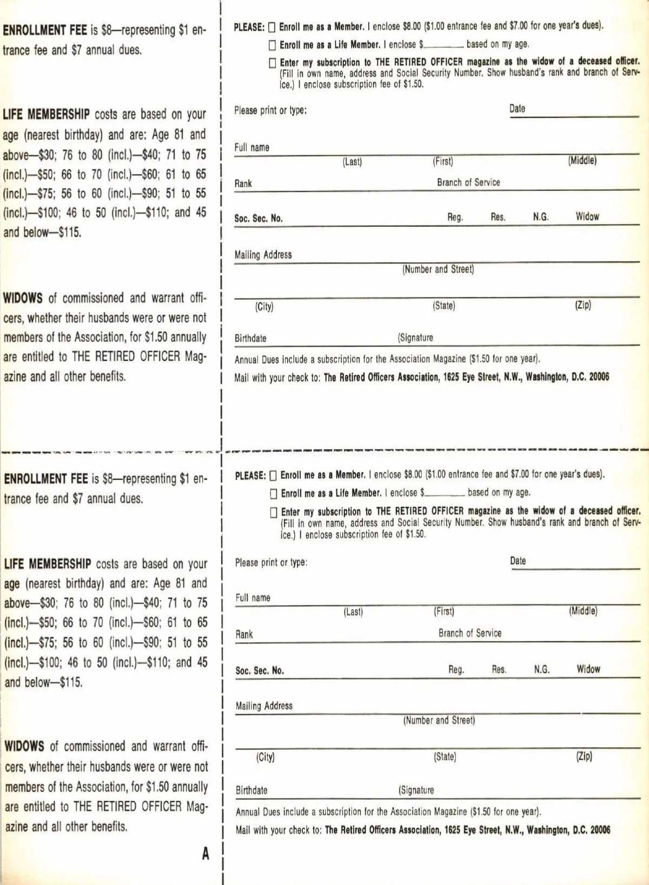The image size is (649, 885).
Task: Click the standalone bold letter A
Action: tap(206, 854)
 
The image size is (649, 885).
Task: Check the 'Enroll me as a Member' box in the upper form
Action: tap(271, 27)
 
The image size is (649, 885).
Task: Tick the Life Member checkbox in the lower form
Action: tap(274, 493)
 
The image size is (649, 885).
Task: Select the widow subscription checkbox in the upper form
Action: tap(273, 63)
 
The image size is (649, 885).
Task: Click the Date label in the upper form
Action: tap(517, 109)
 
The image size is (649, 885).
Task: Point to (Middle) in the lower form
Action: tap(583, 611)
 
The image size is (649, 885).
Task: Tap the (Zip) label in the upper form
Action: tap(583, 305)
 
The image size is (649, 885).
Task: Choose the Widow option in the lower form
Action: tap(588, 669)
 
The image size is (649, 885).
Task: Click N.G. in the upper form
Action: tap(541, 217)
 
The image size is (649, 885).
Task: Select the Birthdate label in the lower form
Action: tap(251, 790)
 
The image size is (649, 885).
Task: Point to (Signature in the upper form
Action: tap(415, 338)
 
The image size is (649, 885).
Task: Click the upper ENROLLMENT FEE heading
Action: tap(45, 30)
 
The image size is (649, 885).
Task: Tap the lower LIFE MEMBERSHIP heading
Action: tap(48, 564)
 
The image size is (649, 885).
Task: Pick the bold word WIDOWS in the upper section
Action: tap(23, 298)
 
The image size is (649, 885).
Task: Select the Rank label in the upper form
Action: tap(243, 184)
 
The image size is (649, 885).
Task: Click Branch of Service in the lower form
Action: tap(470, 633)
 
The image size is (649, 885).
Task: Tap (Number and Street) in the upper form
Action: tap(438, 269)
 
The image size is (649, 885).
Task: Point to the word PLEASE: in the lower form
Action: tap(250, 476)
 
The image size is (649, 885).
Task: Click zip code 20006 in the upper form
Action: tap(599, 377)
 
